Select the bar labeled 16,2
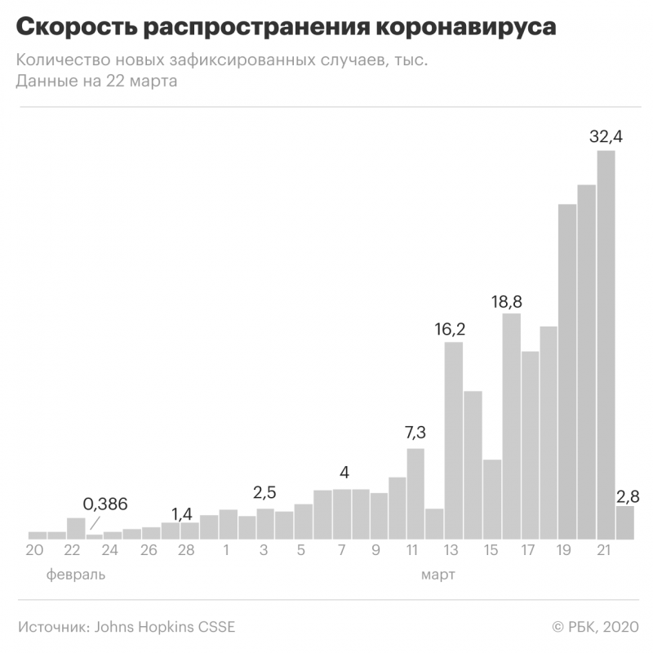454,441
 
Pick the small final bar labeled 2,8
624,522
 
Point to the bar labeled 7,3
415,494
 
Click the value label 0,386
106,504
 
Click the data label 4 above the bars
344,473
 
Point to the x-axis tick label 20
34,550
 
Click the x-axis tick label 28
186,550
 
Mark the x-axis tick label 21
604,550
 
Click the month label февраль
76,575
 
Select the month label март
438,575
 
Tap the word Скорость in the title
69,28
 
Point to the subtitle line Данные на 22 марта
96,82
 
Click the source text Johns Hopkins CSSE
165,627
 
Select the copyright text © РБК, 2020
593,627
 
